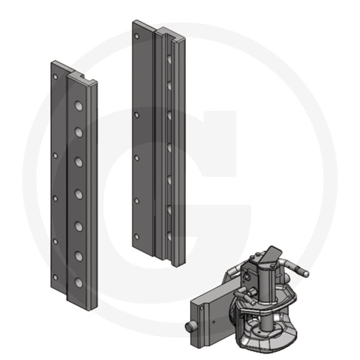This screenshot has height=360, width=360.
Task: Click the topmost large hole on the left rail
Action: coord(78,106)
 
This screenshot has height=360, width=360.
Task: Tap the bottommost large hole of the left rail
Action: coord(78,283)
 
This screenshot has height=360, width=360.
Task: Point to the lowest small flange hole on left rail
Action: coord(55,277)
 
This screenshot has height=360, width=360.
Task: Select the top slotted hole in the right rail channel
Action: coord(169,58)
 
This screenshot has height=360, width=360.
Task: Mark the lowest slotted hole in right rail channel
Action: coord(168,234)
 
